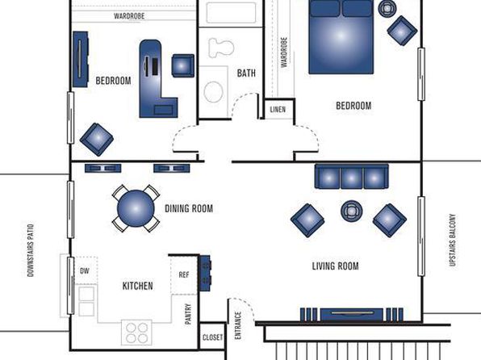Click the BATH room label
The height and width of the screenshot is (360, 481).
coord(246,73)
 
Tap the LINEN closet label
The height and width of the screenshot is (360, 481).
coord(278,110)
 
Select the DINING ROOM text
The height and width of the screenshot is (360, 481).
coord(189,209)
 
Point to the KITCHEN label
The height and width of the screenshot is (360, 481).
coord(138,286)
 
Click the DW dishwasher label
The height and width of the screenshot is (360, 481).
coord(85,271)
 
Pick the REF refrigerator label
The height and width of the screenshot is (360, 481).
coord(184,274)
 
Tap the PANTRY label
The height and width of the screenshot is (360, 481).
coord(188,314)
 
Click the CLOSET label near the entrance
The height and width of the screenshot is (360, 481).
coord(212,337)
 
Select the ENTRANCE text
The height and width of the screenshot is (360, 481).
coord(238,325)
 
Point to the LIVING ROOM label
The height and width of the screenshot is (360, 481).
coord(335,266)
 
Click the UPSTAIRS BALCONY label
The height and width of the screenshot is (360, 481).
coord(453,240)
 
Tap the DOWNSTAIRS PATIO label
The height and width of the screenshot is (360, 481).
coord(31,250)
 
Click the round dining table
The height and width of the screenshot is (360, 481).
coord(136,208)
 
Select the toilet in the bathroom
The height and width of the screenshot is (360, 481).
coord(221,48)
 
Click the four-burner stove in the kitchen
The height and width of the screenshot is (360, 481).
coord(136,333)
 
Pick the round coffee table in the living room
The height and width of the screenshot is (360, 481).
coord(352,211)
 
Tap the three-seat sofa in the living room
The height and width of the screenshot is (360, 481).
coord(352,177)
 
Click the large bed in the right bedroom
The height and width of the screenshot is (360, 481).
coord(341,37)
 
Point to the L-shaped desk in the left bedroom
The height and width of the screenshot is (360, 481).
coord(155,81)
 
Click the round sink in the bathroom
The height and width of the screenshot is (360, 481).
coord(214,92)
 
